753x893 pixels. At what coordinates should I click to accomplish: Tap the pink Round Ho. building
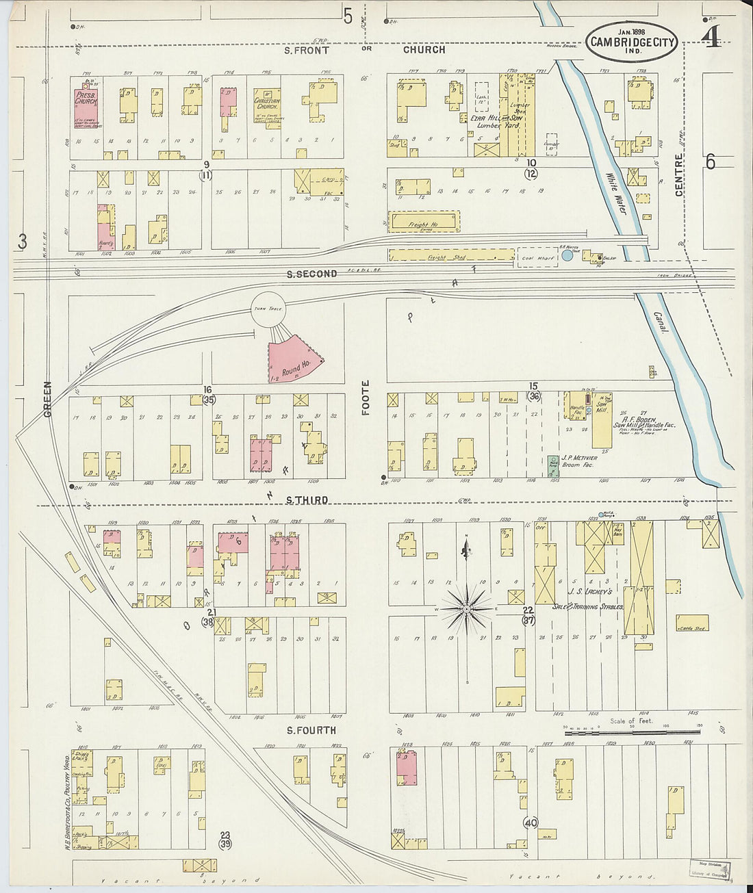point(293,359)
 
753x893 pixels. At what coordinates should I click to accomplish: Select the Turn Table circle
point(268,310)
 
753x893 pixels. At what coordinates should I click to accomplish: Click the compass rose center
point(466,608)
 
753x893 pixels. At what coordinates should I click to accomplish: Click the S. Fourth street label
point(311,730)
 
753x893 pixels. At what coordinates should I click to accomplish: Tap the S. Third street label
point(307,500)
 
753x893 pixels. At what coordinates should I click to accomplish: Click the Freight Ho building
point(423,222)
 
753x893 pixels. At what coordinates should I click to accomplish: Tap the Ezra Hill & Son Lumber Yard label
point(496,122)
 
